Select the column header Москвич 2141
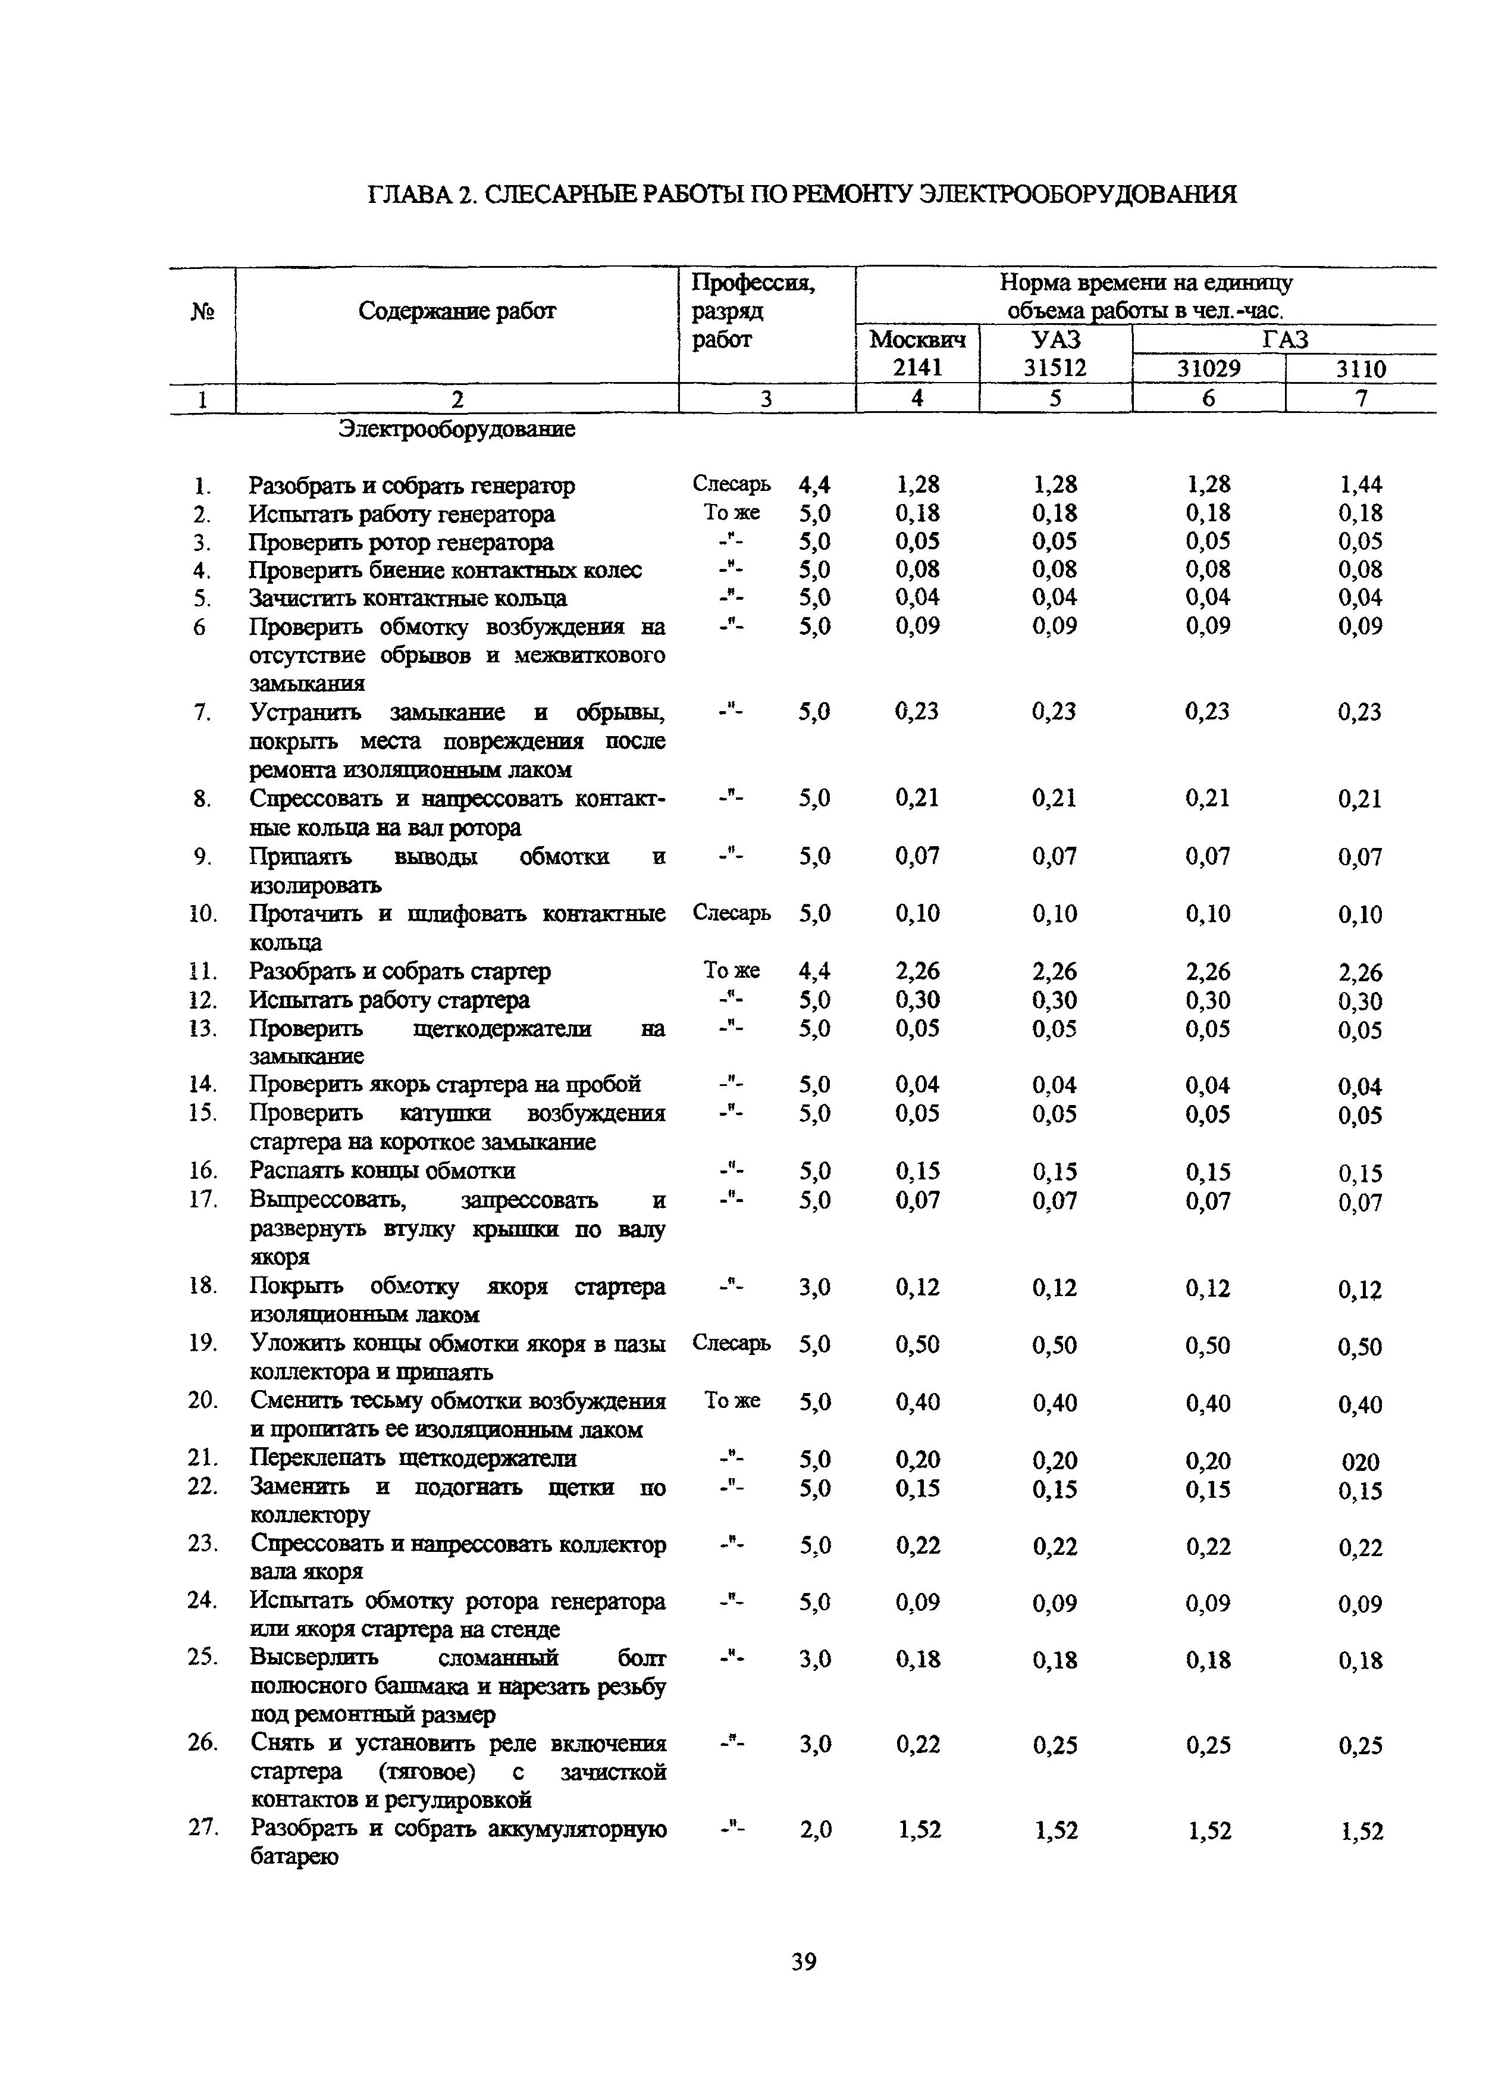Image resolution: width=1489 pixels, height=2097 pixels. pos(917,353)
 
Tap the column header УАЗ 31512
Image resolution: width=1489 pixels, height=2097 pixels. pos(1055,353)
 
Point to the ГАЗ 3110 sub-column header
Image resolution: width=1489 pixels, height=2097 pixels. pos(1361,368)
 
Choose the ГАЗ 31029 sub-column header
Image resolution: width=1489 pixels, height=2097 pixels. pos(1208,368)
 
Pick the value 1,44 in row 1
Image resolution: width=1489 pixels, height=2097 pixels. pos(1361,484)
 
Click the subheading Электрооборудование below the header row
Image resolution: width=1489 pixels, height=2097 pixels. pos(457,429)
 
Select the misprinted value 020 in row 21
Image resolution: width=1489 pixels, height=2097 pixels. pos(1361,1461)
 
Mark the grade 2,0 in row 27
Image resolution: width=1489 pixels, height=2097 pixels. pos(815,1829)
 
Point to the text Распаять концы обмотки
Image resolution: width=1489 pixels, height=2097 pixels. pos(383,1171)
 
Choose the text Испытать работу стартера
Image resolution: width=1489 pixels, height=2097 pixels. pos(390,1000)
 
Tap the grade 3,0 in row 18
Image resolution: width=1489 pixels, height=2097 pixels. pos(815,1287)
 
